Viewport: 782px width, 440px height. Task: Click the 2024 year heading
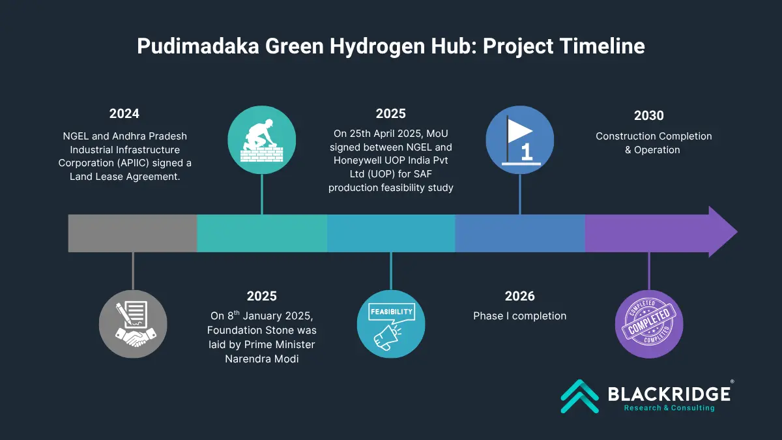tap(124, 113)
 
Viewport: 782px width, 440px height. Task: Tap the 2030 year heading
tap(648, 115)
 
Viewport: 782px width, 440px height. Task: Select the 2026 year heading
tap(519, 296)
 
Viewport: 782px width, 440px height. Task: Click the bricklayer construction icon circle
tap(262, 139)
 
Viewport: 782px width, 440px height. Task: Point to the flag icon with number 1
tap(520, 139)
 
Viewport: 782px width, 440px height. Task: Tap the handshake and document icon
tap(133, 324)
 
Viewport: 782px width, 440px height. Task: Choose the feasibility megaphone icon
tap(391, 324)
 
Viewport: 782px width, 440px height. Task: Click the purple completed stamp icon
tap(649, 324)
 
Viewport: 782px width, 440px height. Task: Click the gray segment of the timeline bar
tap(133, 233)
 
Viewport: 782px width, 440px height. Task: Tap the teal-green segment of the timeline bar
tap(262, 233)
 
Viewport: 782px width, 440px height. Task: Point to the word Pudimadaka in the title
tap(198, 46)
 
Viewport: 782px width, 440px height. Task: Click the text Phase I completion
tap(519, 316)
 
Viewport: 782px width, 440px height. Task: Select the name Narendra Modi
tap(262, 359)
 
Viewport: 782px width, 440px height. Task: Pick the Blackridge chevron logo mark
tap(580, 396)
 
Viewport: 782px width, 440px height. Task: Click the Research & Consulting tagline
tap(669, 408)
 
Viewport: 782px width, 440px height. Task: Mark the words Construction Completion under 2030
tap(654, 136)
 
